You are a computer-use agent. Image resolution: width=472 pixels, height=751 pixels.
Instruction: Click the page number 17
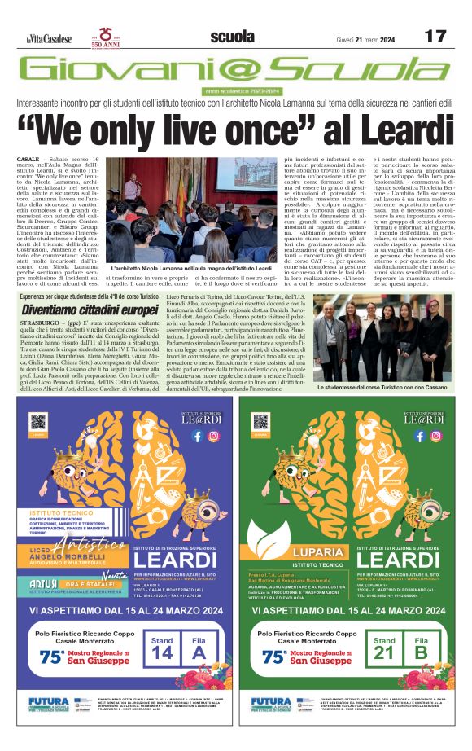tap(435, 37)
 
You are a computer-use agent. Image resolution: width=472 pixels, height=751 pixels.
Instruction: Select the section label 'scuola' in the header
tap(231, 37)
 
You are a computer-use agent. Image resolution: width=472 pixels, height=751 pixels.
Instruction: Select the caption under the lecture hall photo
tap(191, 267)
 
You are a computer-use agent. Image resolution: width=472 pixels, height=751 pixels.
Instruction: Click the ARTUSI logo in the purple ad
tap(42, 583)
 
